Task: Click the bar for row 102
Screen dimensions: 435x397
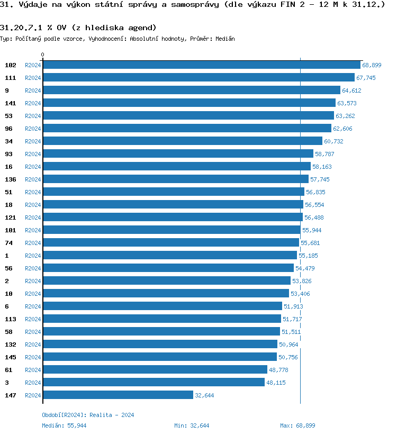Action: pos(201,65)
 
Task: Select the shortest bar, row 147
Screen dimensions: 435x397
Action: pos(118,395)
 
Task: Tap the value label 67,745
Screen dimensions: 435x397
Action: pos(366,78)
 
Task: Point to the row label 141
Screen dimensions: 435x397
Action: pos(11,103)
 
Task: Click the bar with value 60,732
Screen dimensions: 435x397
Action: pos(183,141)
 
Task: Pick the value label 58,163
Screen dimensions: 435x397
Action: pos(322,167)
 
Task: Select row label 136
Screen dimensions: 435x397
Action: pos(11,179)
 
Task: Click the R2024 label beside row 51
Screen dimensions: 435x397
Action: pos(33,192)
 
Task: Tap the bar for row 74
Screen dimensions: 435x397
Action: pos(171,243)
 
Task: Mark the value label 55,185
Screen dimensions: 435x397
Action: pos(308,256)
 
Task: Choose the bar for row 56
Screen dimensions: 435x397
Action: pos(168,268)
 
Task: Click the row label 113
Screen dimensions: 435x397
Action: pos(11,319)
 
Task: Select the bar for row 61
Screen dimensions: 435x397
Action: pos(155,370)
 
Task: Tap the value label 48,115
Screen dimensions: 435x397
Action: pos(276,383)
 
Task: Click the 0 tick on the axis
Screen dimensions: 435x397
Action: pos(43,55)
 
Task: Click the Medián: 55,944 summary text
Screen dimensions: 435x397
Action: pos(64,425)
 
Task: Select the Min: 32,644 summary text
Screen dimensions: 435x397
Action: pos(192,425)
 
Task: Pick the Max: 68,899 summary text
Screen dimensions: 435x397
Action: pos(297,425)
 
